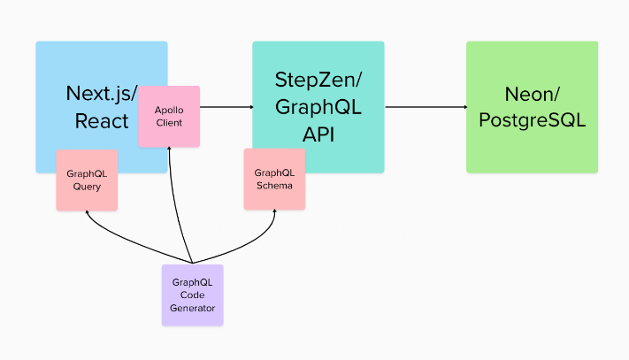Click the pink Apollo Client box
169,116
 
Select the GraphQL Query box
87,180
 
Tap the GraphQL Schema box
274,179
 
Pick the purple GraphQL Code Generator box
192,295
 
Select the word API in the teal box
318,133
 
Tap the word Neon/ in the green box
532,94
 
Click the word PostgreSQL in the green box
532,119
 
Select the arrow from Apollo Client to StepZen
226,108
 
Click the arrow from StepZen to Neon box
425,108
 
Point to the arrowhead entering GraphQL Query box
87,214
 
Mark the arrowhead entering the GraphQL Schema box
274,213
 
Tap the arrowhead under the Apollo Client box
169,151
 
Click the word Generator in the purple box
192,309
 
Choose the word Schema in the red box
274,186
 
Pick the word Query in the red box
87,187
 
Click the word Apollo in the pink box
169,109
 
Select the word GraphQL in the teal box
318,107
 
